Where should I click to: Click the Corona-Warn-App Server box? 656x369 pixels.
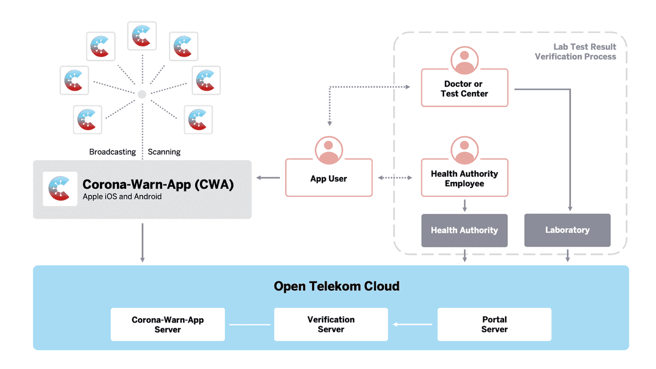tap(167, 325)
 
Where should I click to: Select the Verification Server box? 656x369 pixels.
tap(331, 325)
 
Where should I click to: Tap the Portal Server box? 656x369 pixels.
tap(494, 325)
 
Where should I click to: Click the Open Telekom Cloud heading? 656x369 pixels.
tap(336, 286)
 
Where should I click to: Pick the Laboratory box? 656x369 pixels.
tap(567, 230)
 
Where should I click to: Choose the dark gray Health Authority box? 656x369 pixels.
tap(464, 230)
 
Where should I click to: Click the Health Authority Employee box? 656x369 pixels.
tap(464, 179)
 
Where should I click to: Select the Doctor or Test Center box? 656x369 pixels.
tap(464, 89)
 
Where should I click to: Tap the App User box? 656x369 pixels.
tap(329, 179)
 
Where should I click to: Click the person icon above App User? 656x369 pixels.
tap(329, 150)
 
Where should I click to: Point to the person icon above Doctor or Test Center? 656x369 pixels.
tap(464, 61)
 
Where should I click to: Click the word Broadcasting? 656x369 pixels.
tap(113, 152)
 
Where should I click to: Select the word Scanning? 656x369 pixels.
tap(164, 152)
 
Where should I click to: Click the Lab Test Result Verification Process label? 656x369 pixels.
tap(575, 52)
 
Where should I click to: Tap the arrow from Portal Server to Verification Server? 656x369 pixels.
tap(413, 325)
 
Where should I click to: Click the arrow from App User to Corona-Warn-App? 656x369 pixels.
tap(268, 178)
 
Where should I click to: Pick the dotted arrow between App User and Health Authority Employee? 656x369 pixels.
tap(395, 178)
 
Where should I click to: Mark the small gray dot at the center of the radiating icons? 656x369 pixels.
tap(142, 94)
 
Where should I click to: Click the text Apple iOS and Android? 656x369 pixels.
tap(122, 197)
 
